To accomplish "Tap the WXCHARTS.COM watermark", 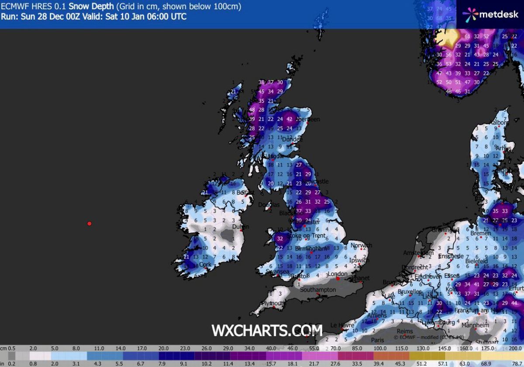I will click(x=267, y=330).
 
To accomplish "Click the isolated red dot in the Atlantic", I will click(x=89, y=224).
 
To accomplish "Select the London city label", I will click(x=337, y=274).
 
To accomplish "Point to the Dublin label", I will click(x=241, y=227).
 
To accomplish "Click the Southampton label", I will click(x=317, y=290).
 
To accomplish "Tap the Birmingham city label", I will click(x=311, y=248).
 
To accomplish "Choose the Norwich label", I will click(x=361, y=246).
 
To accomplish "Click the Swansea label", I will click(x=277, y=271).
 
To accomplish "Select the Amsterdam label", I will click(x=418, y=253).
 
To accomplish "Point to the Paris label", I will click(x=377, y=340).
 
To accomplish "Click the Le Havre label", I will click(x=342, y=325).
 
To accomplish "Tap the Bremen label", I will click(x=481, y=233).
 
